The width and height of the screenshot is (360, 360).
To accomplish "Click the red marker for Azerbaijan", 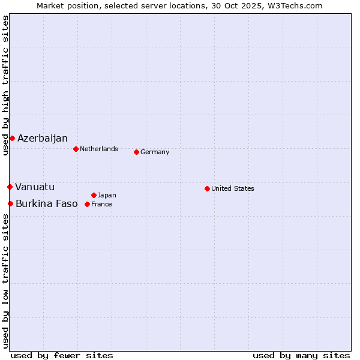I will [x=12, y=139].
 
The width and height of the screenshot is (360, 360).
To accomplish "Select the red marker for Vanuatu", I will [x=10, y=187].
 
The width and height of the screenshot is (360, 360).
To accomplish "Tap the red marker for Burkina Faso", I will [x=10, y=204].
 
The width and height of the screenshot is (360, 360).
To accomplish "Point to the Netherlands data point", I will [x=76, y=149].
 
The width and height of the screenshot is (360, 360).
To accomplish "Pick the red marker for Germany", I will [x=136, y=152].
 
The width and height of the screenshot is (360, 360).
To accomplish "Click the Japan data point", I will [x=94, y=195].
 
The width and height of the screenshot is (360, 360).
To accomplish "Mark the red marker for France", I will [x=87, y=204].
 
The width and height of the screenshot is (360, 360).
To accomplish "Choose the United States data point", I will [x=207, y=188].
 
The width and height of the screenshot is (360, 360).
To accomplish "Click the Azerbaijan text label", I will [x=43, y=139].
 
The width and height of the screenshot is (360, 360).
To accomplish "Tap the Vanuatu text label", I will [x=35, y=187].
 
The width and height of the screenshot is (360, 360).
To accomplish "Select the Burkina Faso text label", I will [x=47, y=204].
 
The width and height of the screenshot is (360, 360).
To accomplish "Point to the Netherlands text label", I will [x=99, y=149].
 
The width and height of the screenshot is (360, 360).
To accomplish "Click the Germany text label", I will [x=155, y=152].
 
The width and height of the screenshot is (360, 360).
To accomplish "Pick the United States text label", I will [x=233, y=188].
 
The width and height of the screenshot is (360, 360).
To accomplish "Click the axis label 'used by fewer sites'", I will [x=62, y=355].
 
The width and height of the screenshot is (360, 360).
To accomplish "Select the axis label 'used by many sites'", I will [x=301, y=355].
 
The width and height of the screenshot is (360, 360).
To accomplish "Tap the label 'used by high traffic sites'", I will [x=5, y=85].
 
